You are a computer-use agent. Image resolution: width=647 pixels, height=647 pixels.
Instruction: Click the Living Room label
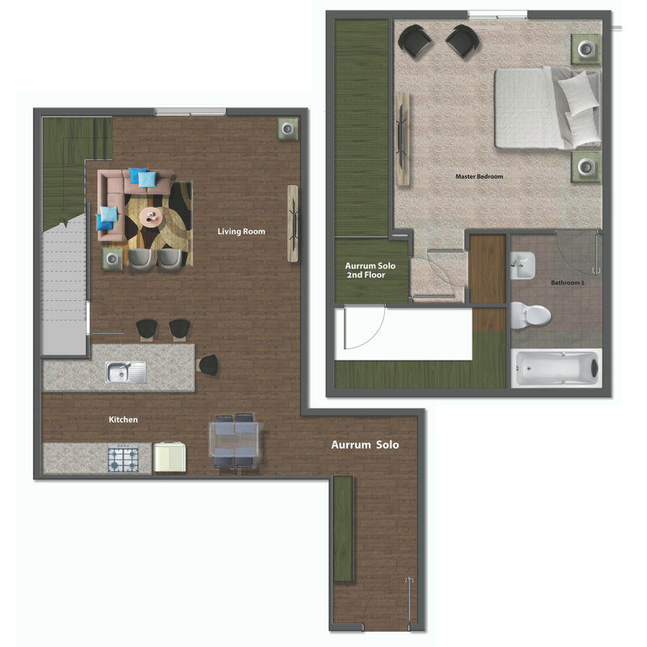tap(241, 232)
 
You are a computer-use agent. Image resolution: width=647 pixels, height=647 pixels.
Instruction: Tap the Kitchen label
tap(124, 420)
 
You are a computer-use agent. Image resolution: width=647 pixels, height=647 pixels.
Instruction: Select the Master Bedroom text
tap(480, 176)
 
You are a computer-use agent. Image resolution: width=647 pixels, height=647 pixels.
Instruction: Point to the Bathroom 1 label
tap(567, 283)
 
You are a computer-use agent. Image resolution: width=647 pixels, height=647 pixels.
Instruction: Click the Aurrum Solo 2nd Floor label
tap(365, 270)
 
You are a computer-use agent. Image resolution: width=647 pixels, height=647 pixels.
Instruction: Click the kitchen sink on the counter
tap(126, 372)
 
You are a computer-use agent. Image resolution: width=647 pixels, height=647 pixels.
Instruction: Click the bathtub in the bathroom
tap(556, 369)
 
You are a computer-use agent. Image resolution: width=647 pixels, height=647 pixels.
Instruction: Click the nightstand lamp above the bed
tap(586, 50)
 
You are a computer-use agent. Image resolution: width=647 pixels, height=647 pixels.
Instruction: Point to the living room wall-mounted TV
tap(292, 223)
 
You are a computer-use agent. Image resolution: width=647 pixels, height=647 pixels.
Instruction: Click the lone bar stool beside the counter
tap(208, 365)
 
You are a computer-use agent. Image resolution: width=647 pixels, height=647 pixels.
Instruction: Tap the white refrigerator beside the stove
tap(170, 458)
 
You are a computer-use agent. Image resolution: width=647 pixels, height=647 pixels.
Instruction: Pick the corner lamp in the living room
tap(287, 129)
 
